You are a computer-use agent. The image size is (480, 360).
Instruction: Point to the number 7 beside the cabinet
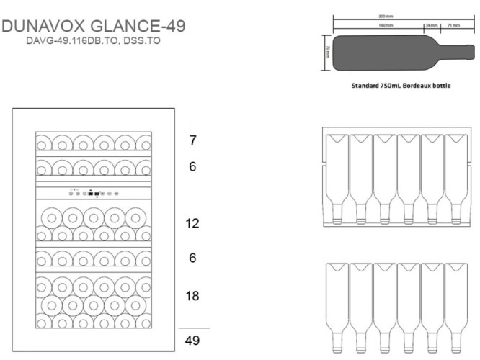pyautogui.click(x=193, y=140)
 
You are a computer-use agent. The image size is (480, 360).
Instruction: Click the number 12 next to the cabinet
pyautogui.click(x=192, y=223)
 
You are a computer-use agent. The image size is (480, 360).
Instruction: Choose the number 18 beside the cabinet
pyautogui.click(x=192, y=296)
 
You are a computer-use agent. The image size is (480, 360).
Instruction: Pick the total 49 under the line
pyautogui.click(x=192, y=341)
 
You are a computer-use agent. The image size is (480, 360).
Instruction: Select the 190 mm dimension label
pyautogui.click(x=386, y=25)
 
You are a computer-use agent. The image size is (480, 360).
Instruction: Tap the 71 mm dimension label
pyautogui.click(x=453, y=25)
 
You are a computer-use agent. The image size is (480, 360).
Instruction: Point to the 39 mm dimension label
pyautogui.click(x=432, y=25)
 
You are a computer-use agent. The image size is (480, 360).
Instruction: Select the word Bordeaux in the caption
pyautogui.click(x=417, y=85)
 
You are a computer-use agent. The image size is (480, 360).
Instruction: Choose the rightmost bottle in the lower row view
pyautogui.click(x=455, y=302)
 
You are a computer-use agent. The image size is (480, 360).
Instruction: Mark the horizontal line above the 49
pyautogui.click(x=193, y=328)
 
